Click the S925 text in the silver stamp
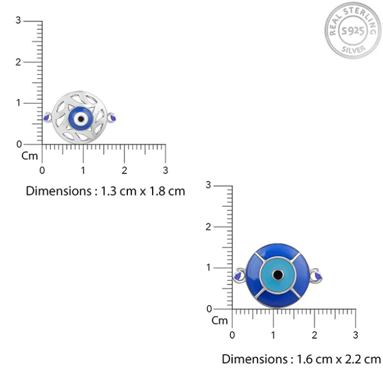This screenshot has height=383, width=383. pos(353,31)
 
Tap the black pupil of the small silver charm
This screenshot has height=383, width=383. pos(81,119)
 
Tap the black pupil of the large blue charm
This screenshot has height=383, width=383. pos(278,275)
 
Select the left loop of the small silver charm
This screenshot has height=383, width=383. pos(47,118)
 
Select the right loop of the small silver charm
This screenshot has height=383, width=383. pos(112,118)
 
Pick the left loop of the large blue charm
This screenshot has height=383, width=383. pos(239,275)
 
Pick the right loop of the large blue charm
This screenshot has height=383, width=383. pos(317,275)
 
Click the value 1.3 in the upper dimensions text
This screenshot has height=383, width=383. pos(109,191)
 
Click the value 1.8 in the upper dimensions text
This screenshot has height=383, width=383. pos(157,191)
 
